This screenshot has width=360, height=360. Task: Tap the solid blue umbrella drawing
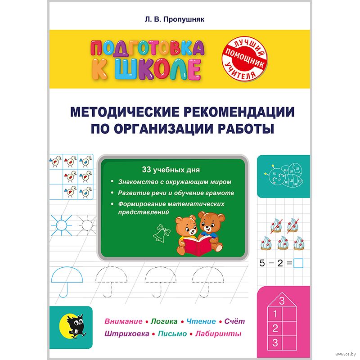(x=69, y=277)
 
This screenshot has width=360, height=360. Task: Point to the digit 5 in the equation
(x=258, y=262)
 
